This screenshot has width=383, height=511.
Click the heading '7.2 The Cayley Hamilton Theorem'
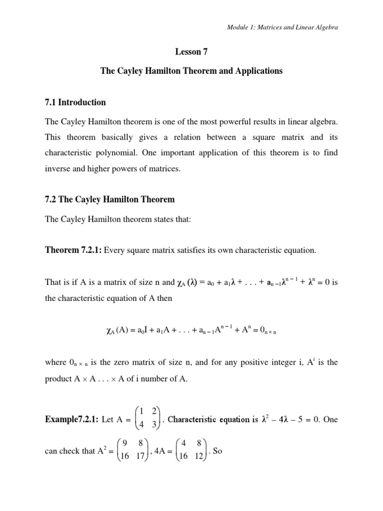[110, 200]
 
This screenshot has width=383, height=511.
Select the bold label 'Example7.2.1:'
[71, 420]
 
